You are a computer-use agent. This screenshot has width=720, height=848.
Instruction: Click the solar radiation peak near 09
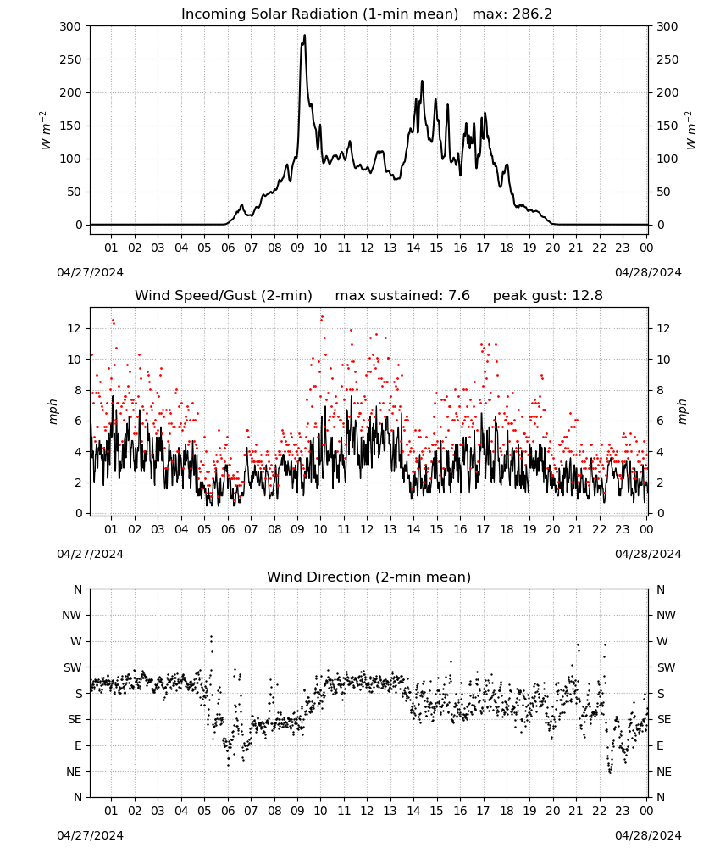pyautogui.click(x=305, y=36)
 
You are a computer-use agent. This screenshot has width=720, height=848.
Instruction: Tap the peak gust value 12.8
pyautogui.click(x=587, y=295)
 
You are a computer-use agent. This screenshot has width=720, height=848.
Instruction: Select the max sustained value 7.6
pyautogui.click(x=458, y=295)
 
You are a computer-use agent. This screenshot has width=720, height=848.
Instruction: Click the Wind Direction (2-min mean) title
pyautogui.click(x=369, y=577)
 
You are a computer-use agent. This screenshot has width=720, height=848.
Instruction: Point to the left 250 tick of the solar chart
pyautogui.click(x=70, y=59)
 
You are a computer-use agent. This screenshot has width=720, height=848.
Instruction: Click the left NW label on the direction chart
pyautogui.click(x=72, y=616)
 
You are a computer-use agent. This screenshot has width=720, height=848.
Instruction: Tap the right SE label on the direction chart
pyautogui.click(x=664, y=720)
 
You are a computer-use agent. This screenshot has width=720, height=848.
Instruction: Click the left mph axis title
pyautogui.click(x=53, y=411)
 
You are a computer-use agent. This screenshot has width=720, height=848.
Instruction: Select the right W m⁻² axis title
pyautogui.click(x=691, y=131)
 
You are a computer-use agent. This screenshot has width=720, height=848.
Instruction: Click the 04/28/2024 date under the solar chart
pyautogui.click(x=648, y=272)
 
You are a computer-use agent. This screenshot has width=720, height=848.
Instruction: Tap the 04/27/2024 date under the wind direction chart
pyautogui.click(x=90, y=835)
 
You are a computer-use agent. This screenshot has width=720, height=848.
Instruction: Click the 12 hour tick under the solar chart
pyautogui.click(x=367, y=248)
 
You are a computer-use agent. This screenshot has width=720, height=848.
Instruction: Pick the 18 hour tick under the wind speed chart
pyautogui.click(x=507, y=529)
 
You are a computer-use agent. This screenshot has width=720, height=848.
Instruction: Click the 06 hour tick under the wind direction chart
pyautogui.click(x=228, y=812)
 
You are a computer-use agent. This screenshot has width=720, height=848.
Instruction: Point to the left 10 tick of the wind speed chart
pyautogui.click(x=75, y=360)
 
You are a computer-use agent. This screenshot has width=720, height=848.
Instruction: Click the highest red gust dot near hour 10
pyautogui.click(x=322, y=317)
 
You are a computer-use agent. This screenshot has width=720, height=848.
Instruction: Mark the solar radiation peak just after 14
pyautogui.click(x=423, y=81)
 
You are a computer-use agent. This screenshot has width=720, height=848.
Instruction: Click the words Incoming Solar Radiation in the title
pyautogui.click(x=269, y=14)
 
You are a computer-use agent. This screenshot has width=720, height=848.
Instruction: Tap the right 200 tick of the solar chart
pyautogui.click(x=667, y=93)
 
